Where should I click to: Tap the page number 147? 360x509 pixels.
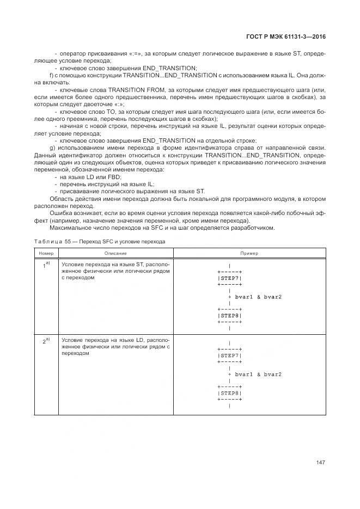tap(320, 463)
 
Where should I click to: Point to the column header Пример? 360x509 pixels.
tap(249, 253)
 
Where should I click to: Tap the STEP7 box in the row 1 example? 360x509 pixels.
tap(229, 278)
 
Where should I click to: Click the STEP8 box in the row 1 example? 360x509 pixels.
tap(229, 316)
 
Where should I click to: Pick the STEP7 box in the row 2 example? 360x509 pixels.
tap(229, 355)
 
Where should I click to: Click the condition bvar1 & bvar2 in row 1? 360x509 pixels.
tap(258, 297)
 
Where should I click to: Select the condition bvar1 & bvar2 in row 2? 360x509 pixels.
tap(258, 375)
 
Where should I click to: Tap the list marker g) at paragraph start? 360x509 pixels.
tap(52, 148)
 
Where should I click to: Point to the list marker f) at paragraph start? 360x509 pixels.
tap(52, 75)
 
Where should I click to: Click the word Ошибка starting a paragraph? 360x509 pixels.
tap(61, 214)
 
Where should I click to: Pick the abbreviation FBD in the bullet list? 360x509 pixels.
tap(115, 177)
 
